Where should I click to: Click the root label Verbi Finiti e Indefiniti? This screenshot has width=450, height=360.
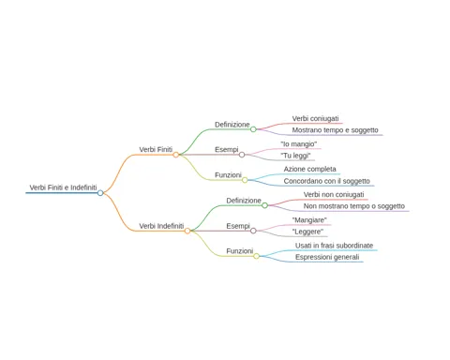click(63, 187)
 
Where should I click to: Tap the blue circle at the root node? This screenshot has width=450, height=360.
click(100, 193)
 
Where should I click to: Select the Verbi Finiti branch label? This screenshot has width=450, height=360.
click(156, 150)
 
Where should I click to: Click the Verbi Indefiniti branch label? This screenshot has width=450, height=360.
click(161, 226)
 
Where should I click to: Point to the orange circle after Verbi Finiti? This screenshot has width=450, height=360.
click(176, 155)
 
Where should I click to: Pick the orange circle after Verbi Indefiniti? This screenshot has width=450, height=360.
click(187, 231)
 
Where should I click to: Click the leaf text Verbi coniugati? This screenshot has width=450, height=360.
click(315, 119)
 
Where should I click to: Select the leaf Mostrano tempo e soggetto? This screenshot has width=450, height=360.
click(335, 130)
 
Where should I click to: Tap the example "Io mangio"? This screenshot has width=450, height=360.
click(299, 144)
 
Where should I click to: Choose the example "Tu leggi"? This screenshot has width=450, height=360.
click(295, 156)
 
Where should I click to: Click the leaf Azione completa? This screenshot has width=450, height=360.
click(309, 169)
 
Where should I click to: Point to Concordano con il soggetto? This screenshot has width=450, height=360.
click(326, 181)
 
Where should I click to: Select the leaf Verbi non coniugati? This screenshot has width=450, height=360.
click(334, 195)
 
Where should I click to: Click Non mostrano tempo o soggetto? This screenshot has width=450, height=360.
click(354, 206)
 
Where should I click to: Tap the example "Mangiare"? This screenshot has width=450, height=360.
click(309, 220)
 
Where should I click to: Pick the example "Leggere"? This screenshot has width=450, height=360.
click(307, 232)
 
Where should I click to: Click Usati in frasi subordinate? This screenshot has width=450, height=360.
click(334, 246)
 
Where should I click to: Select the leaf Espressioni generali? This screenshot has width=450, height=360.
click(327, 257)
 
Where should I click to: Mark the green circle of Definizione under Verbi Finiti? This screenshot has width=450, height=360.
click(253, 129)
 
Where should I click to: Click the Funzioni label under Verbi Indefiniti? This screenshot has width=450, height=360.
click(240, 251)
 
